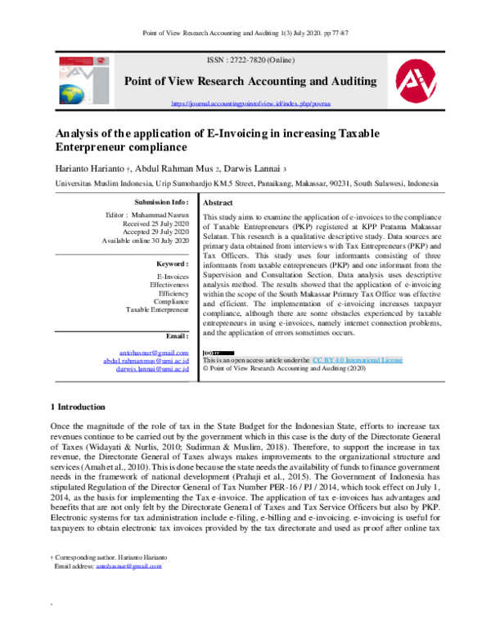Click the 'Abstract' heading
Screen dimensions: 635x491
click(218, 203)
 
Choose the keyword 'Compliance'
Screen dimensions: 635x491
click(170, 302)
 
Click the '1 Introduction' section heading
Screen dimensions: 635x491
click(79, 407)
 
